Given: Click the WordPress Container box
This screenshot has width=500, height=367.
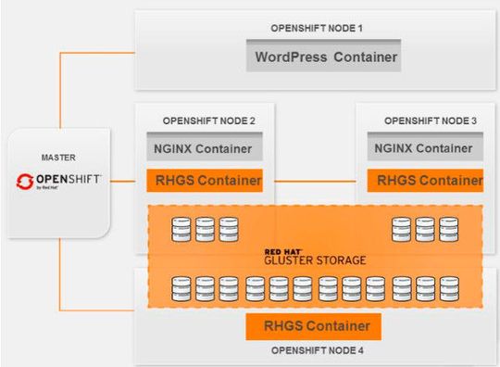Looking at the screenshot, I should coord(327,57).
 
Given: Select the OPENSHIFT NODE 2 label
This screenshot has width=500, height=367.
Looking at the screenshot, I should coord(208,120).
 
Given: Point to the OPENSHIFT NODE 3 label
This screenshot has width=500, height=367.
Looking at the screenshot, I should coord(431,120).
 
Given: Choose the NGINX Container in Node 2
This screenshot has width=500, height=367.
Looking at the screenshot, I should coord(204,148).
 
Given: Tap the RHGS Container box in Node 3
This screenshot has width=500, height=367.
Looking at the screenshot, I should coord(426,181).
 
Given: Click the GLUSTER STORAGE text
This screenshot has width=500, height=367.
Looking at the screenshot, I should coord(314,261).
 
